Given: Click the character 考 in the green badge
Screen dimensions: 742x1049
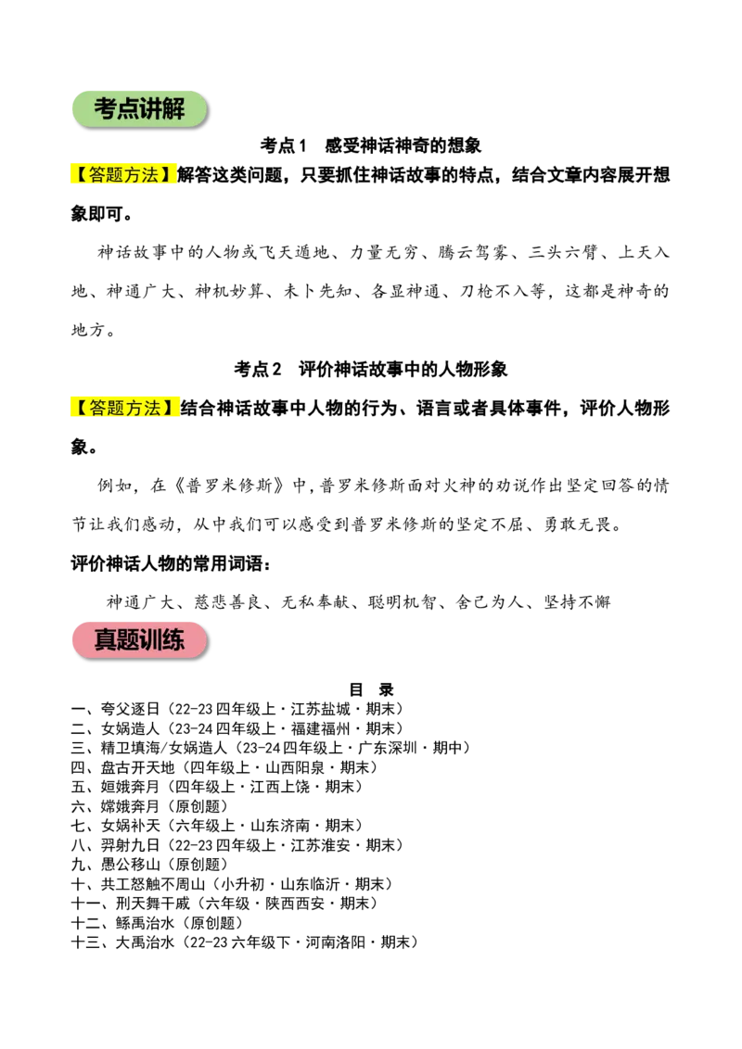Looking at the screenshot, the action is pyautogui.click(x=105, y=109).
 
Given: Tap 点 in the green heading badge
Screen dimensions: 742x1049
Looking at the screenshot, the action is pyautogui.click(x=127, y=109).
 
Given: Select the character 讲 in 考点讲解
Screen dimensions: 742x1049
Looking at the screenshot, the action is pyautogui.click(x=150, y=109).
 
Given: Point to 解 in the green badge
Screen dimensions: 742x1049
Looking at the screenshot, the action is pyautogui.click(x=173, y=109).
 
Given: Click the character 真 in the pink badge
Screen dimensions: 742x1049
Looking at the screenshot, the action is pyautogui.click(x=105, y=640).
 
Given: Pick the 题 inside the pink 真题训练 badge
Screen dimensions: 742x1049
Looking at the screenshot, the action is pyautogui.click(x=127, y=640).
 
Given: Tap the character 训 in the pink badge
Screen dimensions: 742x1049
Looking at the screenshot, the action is pyautogui.click(x=150, y=640).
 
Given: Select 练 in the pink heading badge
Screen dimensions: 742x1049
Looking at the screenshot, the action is pyautogui.click(x=173, y=640).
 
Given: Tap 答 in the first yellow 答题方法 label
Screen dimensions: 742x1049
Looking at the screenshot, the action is pyautogui.click(x=96, y=174).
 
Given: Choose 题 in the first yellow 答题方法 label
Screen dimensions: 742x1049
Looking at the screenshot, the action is pyautogui.click(x=115, y=174).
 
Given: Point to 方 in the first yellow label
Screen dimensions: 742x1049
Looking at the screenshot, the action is pyautogui.click(x=134, y=174).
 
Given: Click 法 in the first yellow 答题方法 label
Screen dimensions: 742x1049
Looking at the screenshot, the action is pyautogui.click(x=151, y=174).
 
